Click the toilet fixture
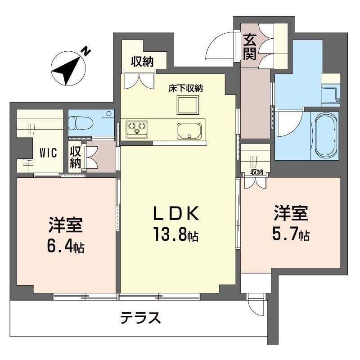pos(81,122)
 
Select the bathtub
pos(325,135)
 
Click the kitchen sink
pos(189,130)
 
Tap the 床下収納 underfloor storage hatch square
pos(187,106)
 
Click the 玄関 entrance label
pos(250,47)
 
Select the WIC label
pos(48,153)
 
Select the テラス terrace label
pos(140,318)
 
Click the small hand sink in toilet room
pos(108,113)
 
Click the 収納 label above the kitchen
pos(142,62)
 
